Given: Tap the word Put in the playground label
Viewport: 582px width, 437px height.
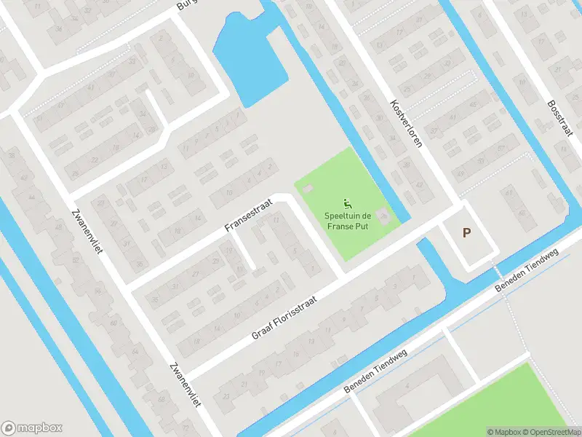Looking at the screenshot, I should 364,227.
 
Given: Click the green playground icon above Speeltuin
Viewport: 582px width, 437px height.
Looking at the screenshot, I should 348,203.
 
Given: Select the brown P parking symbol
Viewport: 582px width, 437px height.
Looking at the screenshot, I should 467,234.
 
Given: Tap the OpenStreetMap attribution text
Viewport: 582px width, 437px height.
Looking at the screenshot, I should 551,431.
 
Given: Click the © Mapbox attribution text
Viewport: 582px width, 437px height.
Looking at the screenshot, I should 505,431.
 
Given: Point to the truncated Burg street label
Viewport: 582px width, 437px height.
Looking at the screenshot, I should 188,5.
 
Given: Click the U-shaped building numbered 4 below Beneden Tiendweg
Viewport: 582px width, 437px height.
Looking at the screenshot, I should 415,397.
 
